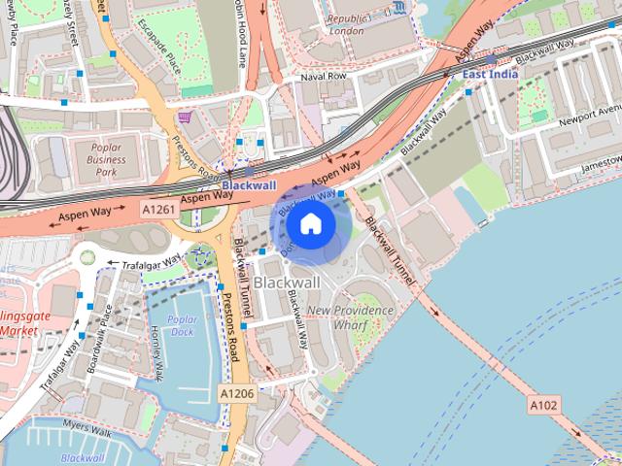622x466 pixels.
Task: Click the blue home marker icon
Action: coord(310,224)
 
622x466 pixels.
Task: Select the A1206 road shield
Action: coord(236,393)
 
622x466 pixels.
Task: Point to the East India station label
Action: coord(489,74)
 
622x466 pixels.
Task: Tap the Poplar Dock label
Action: coord(182,325)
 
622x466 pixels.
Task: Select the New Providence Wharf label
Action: coord(351,317)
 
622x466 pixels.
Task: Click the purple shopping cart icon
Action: coord(184,117)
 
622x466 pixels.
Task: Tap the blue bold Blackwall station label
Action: coord(249,184)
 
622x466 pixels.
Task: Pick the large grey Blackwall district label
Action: coord(286,282)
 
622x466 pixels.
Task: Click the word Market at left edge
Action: coord(19,330)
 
